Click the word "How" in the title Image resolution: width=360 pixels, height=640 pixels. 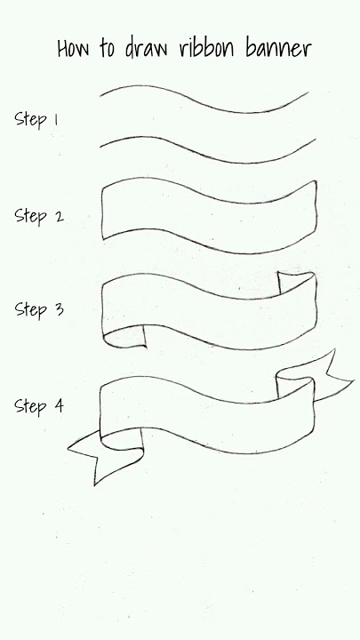click(73, 48)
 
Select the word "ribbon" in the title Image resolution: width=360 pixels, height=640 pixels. click(206, 47)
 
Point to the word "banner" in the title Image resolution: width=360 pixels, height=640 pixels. click(279, 47)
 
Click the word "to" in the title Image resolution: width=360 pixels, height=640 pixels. click(107, 49)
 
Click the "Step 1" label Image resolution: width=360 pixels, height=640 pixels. click(36, 119)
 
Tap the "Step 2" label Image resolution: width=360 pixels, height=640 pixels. click(39, 216)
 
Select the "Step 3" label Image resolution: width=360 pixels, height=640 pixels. click(39, 309)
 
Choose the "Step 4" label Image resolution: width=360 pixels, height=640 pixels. click(39, 406)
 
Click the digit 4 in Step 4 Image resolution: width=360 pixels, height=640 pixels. click(60, 405)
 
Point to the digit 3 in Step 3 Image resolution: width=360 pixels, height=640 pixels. click(60, 309)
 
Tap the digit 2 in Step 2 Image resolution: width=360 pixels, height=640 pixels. click(60, 216)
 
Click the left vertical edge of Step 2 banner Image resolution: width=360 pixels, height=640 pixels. click(102, 212)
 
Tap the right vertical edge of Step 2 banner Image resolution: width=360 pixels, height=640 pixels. click(316, 208)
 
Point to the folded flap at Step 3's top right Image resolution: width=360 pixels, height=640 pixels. click(296, 281)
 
